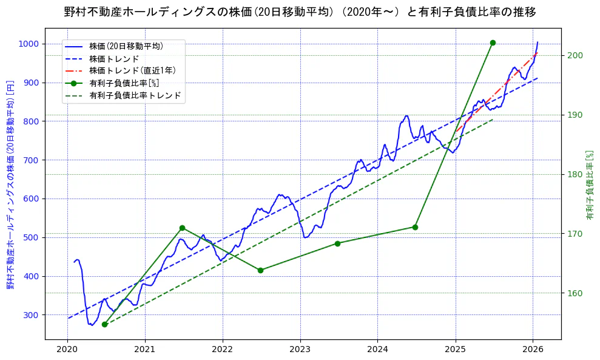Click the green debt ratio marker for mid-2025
(493, 42)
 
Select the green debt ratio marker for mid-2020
(104, 324)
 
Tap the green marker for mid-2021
(182, 228)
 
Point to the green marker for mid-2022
(260, 270)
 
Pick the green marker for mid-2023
(337, 243)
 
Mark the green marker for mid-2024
(415, 227)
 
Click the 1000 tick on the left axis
(30, 44)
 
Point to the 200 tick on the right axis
(575, 56)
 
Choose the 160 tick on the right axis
(575, 293)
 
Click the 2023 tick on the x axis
(300, 350)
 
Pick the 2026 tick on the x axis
(533, 350)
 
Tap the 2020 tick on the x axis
(67, 350)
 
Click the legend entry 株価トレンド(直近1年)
(132, 70)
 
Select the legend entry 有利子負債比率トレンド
(135, 95)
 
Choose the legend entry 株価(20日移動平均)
(126, 46)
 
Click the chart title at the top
(300, 12)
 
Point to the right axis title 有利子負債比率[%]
(589, 185)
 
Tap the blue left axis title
(10, 185)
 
